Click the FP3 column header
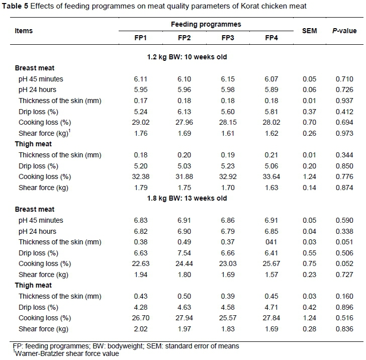pyautogui.click(x=228, y=38)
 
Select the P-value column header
pyautogui.click(x=344, y=31)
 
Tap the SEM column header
pyautogui.click(x=309, y=31)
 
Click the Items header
pyautogui.click(x=24, y=31)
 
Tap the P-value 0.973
pyautogui.click(x=344, y=133)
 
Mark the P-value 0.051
pyautogui.click(x=344, y=242)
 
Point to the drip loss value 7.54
pyautogui.click(x=185, y=253)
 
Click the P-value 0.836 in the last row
pyautogui.click(x=344, y=329)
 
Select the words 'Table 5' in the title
pyautogui.click(x=15, y=6)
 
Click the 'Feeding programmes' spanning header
pyautogui.click(x=206, y=24)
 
